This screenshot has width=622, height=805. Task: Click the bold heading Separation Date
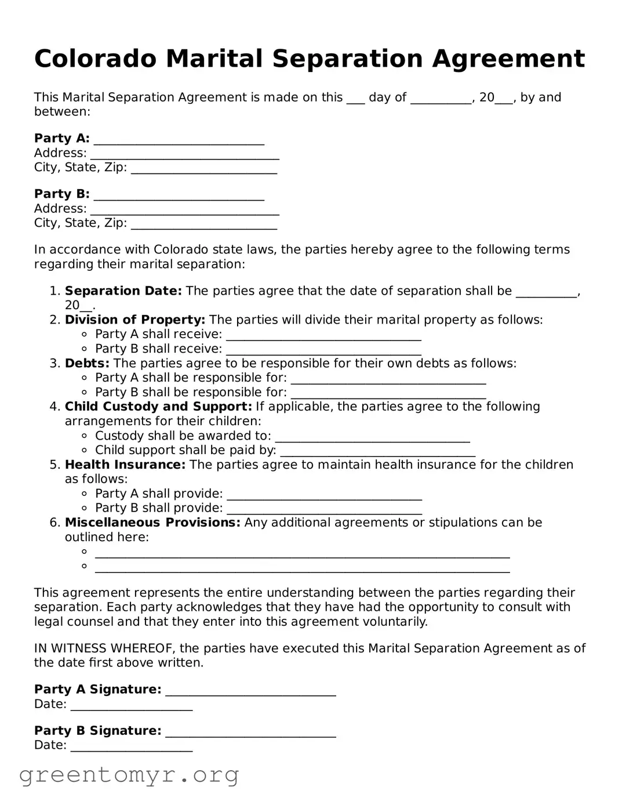coord(123,291)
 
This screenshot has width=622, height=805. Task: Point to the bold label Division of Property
coord(134,320)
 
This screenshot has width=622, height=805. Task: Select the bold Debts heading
coord(87,364)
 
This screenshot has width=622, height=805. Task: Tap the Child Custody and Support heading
coord(158,407)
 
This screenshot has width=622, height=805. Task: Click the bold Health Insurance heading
coord(125,465)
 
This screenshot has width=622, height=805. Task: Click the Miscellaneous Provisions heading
coord(152,523)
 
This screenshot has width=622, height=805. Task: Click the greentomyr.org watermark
coord(129,775)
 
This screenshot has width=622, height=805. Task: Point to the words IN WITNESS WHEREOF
coord(105,648)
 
